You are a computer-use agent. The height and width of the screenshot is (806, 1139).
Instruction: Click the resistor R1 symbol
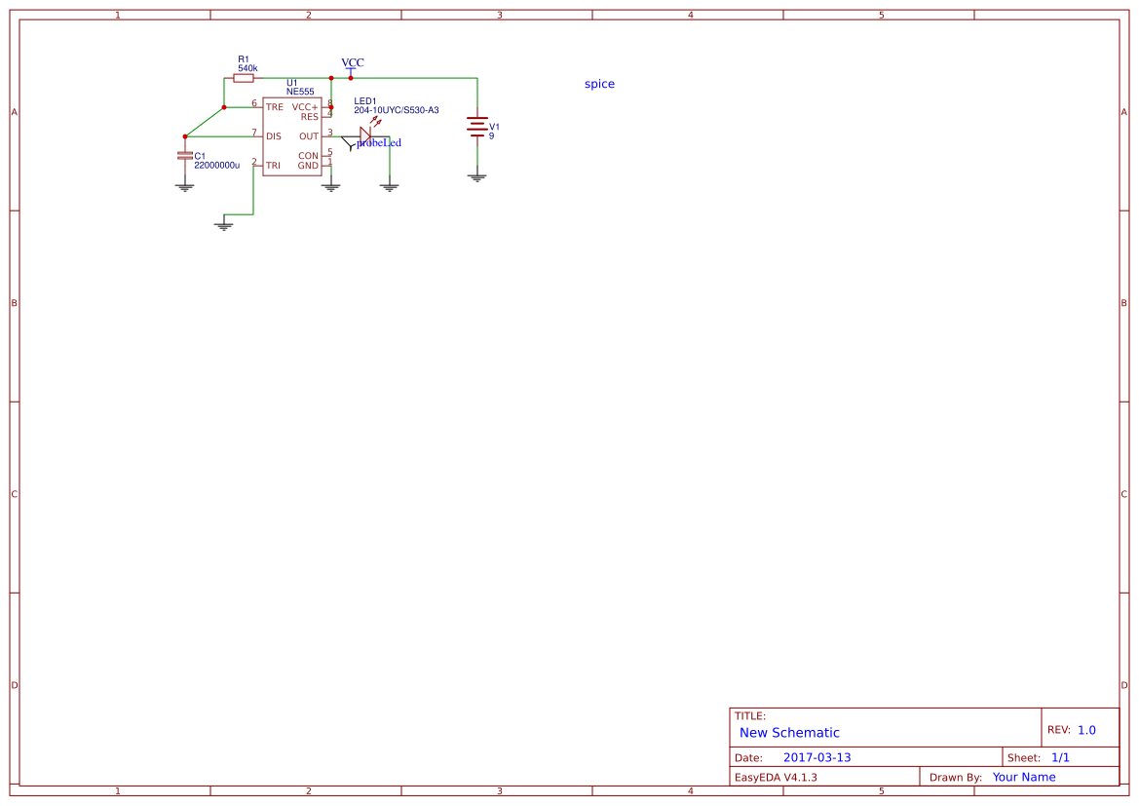pyautogui.click(x=244, y=78)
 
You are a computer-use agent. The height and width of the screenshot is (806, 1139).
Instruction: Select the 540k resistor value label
pyautogui.click(x=247, y=68)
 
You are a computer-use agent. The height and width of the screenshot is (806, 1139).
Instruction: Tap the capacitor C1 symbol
pyautogui.click(x=184, y=156)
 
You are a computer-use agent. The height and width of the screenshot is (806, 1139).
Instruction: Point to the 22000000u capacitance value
pyautogui.click(x=216, y=166)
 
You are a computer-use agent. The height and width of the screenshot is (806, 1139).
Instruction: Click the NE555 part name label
pyautogui.click(x=300, y=92)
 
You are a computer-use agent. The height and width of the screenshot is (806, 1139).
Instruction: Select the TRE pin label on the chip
pyautogui.click(x=275, y=107)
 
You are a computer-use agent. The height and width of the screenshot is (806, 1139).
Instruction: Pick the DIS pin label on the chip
pyautogui.click(x=274, y=136)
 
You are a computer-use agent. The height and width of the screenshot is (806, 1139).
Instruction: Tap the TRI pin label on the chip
pyautogui.click(x=273, y=166)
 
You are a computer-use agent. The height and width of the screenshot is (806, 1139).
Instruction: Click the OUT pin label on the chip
pyautogui.click(x=309, y=136)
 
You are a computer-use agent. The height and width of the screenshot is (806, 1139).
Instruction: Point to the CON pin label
pyautogui.click(x=308, y=156)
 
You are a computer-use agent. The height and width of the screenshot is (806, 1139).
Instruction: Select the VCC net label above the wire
pyautogui.click(x=353, y=62)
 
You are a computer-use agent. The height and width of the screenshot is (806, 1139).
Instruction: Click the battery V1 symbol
pyautogui.click(x=476, y=128)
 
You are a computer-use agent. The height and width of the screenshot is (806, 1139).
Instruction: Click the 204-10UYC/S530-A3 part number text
pyautogui.click(x=396, y=110)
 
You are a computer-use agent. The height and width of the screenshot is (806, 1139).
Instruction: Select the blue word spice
pyautogui.click(x=599, y=84)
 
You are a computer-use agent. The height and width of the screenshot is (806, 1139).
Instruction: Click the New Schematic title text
pyautogui.click(x=789, y=733)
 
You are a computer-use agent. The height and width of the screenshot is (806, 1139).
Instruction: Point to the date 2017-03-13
pyautogui.click(x=816, y=757)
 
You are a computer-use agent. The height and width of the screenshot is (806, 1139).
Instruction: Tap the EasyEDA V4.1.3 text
pyautogui.click(x=776, y=777)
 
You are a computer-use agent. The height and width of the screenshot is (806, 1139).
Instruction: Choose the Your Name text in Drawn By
pyautogui.click(x=1023, y=777)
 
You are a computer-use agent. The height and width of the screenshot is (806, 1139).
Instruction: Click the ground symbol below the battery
pyautogui.click(x=476, y=177)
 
